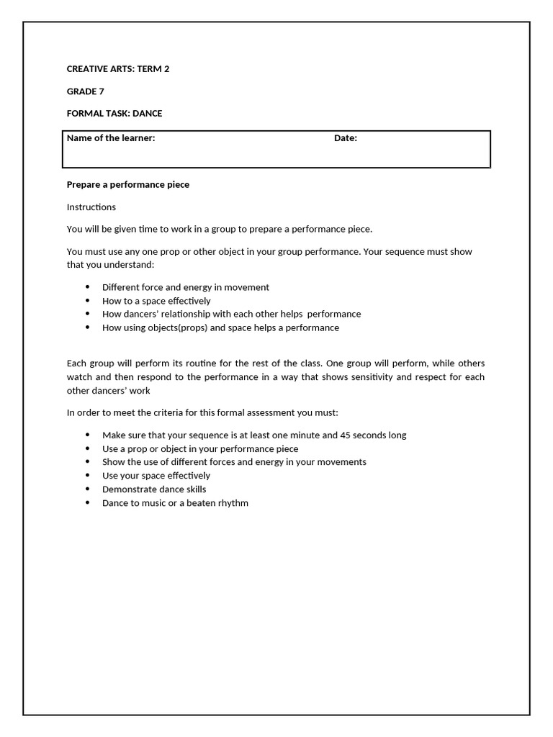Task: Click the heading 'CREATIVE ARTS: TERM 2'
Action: click(118, 69)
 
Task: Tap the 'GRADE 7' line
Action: click(86, 91)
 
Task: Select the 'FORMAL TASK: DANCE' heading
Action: click(114, 113)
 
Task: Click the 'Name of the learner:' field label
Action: click(111, 138)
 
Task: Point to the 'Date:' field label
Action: click(346, 138)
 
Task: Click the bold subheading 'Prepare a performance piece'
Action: click(128, 184)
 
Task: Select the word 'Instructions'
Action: click(91, 207)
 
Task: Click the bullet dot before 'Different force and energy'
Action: click(88, 287)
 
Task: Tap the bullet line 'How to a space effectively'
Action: click(156, 301)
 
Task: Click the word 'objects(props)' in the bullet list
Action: click(178, 327)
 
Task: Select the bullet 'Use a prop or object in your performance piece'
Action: click(200, 448)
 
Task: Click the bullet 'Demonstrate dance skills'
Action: click(154, 489)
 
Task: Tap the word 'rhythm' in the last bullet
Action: click(234, 502)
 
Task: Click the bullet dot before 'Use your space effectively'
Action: click(88, 476)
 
